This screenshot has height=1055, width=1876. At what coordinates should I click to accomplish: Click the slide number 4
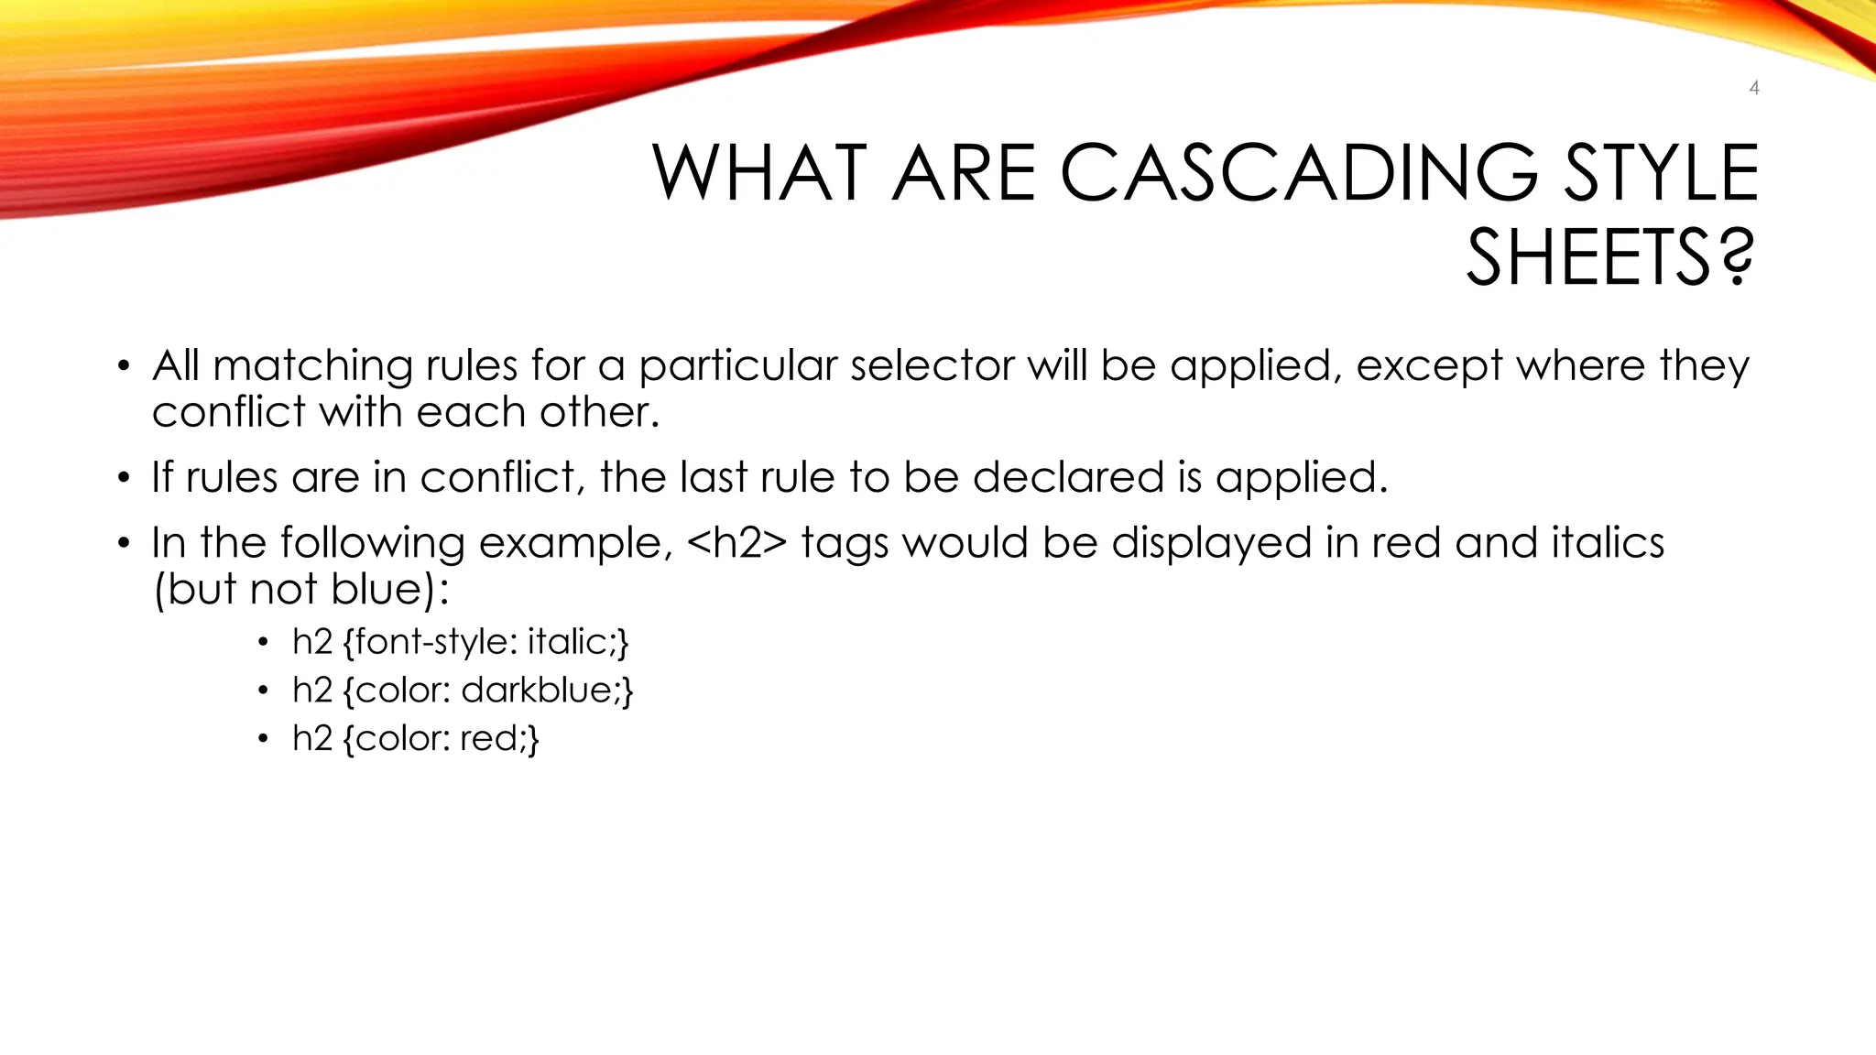click(x=1753, y=88)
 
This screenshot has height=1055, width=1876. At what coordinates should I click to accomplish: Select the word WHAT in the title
click(x=759, y=173)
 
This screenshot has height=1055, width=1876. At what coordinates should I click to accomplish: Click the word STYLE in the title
click(x=1661, y=173)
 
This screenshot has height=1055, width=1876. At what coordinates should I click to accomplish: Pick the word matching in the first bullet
click(x=313, y=365)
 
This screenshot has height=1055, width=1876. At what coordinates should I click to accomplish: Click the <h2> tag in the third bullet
click(x=736, y=543)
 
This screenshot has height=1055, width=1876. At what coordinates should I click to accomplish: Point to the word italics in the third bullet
click(x=1608, y=543)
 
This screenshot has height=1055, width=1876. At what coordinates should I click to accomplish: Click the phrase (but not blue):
click(x=301, y=589)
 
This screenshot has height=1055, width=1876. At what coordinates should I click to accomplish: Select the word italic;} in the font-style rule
click(x=578, y=642)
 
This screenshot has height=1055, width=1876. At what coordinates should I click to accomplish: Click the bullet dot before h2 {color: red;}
click(x=264, y=739)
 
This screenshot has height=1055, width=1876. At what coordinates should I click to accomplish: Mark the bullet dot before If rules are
click(x=124, y=479)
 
